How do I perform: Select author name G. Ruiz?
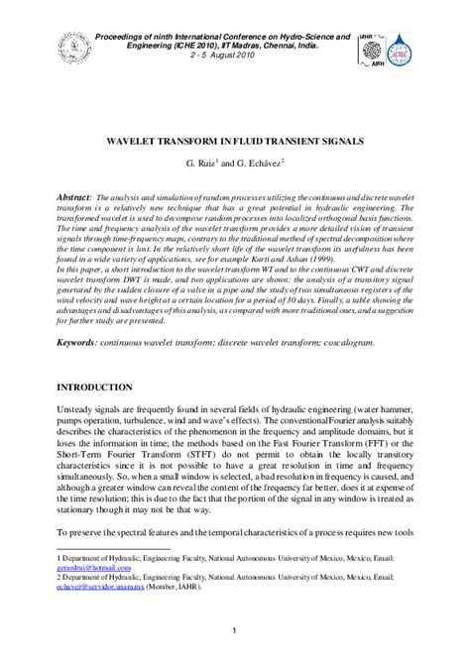[204, 162]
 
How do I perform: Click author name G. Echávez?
[260, 162]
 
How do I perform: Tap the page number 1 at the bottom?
[235, 632]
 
